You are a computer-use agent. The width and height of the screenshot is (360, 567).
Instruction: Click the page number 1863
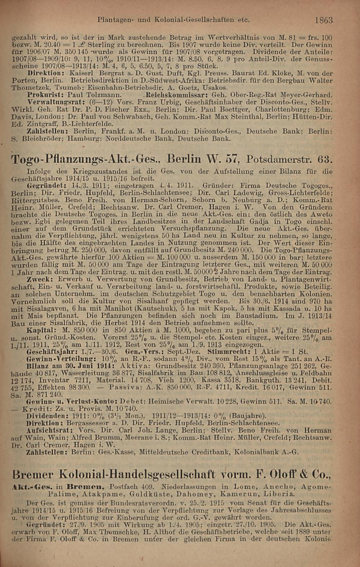click(x=324, y=20)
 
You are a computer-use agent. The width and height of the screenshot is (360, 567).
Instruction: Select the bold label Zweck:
click(x=38, y=279)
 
